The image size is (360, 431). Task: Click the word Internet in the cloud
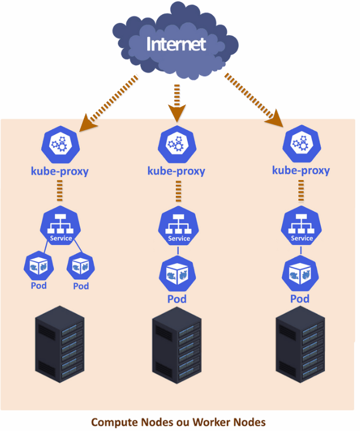[x=176, y=44]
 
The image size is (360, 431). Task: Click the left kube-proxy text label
[x=59, y=171]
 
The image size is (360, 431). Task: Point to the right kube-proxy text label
[x=301, y=171]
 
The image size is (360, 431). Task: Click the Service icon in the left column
[x=59, y=226]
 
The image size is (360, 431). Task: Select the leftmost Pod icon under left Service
[x=38, y=267]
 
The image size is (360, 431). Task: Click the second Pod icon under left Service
[x=80, y=267]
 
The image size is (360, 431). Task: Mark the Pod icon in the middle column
[x=177, y=275]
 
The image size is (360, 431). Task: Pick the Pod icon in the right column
[x=300, y=275]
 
